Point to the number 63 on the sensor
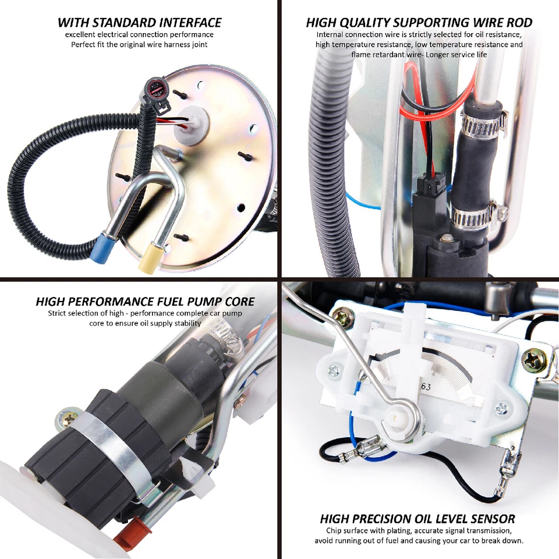426,385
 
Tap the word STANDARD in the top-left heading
118,23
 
